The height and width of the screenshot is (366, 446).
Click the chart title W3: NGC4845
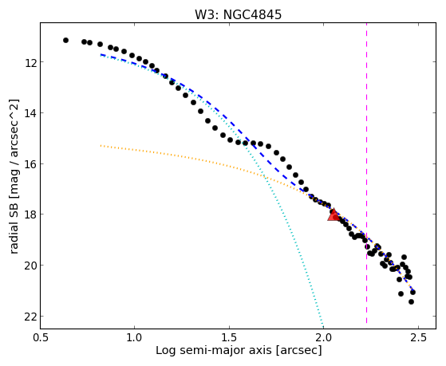pos(238,14)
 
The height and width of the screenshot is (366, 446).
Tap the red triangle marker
pos(334,214)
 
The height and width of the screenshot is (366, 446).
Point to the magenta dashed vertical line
pos(366,173)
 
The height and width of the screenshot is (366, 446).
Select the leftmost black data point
pos(65,41)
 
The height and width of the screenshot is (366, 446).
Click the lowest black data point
pos(411,301)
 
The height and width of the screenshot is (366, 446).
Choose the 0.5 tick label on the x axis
pos(41,337)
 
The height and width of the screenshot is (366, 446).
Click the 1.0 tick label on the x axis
pos(135,337)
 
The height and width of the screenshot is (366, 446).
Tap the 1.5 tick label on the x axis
pos(229,337)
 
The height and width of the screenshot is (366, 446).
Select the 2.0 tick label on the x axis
pos(324,337)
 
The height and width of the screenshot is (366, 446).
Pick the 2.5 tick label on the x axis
pos(418,337)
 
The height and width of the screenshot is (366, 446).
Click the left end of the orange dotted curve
pos(101,146)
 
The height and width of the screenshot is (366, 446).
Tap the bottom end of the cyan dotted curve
pos(322,327)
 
